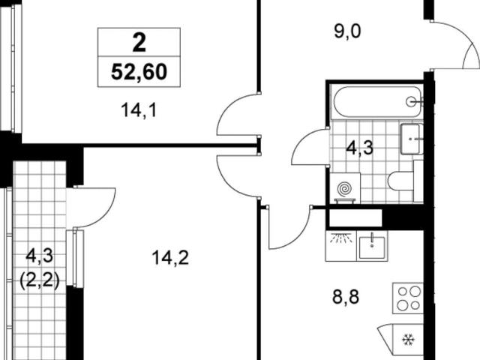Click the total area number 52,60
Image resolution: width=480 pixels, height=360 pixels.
tap(139, 72)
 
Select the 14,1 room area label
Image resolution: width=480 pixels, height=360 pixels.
tap(139, 110)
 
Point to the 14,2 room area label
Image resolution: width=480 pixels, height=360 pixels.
tap(170, 257)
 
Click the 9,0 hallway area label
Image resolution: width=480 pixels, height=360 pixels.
tap(348, 31)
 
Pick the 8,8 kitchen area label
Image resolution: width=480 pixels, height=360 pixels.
tap(346, 297)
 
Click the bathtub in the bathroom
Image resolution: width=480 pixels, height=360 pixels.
tap(378, 102)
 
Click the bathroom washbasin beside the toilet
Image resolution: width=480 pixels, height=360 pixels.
tap(411, 139)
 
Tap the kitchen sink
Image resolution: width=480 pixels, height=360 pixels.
tap(372, 246)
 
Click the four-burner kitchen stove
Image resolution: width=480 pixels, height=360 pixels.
tap(408, 298)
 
